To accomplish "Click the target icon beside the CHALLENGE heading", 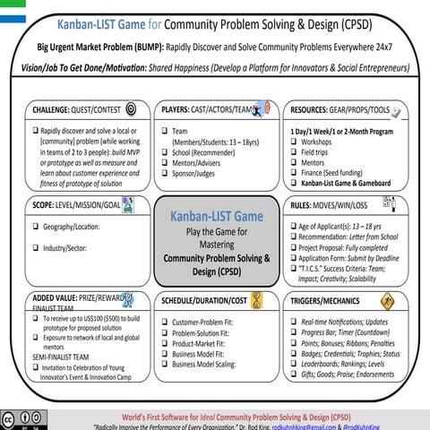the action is point(131,109).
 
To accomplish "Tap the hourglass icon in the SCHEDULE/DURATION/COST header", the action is point(257,299).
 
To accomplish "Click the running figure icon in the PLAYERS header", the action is point(261,108).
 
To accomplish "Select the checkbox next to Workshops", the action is point(297,142).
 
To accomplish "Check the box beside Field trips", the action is point(297,153).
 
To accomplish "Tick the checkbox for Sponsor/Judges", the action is point(166,175).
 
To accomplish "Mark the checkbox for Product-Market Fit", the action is point(166,343).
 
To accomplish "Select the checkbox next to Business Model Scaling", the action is point(166,365).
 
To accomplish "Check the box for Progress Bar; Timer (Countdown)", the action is point(296,331).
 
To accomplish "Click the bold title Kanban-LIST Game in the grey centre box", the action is point(216,217).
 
